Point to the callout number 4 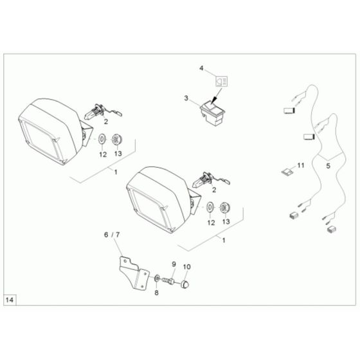tap(201, 67)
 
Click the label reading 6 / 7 tap(112, 236)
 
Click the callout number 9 tap(173, 265)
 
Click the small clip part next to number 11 tap(285, 171)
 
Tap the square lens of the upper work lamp tap(43, 142)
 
